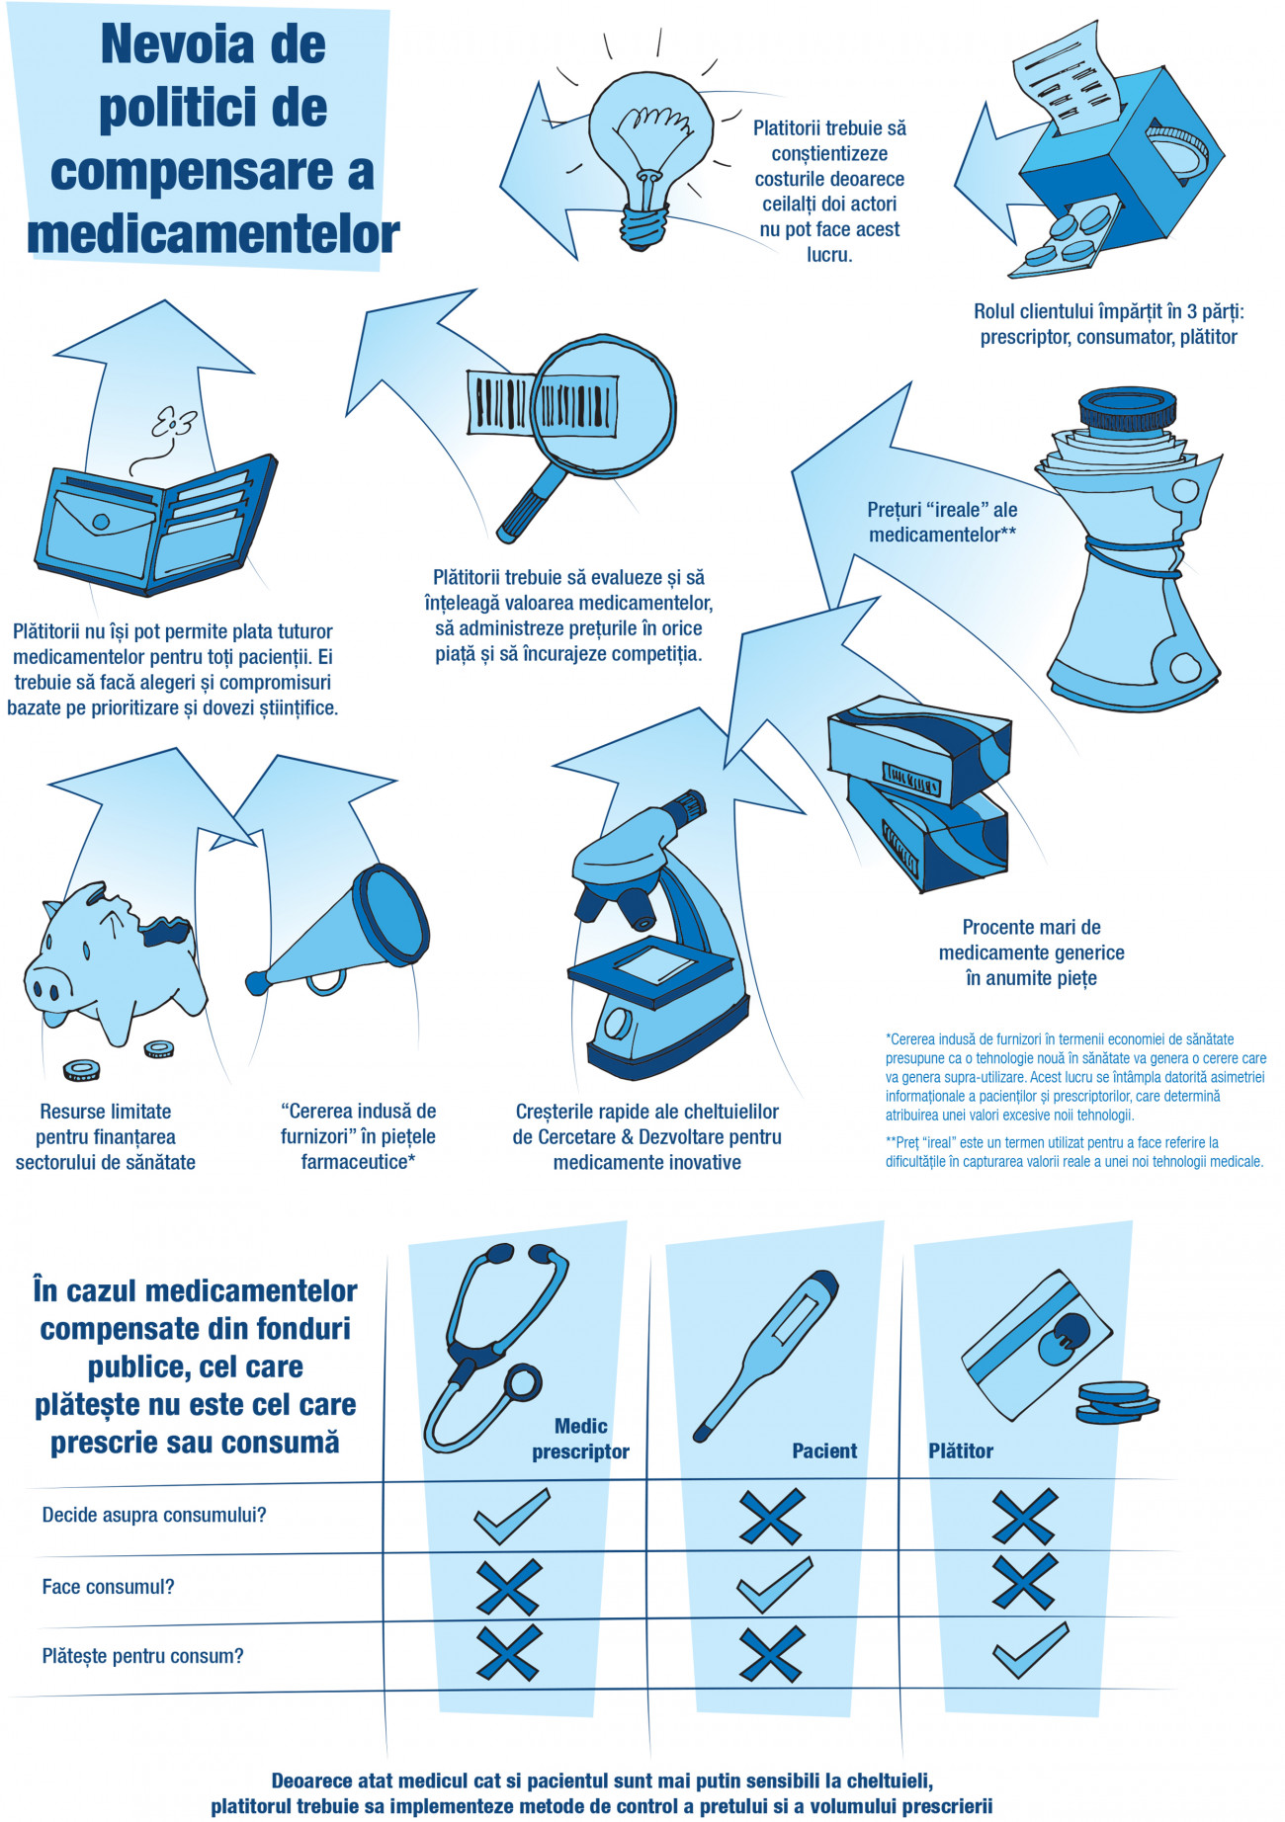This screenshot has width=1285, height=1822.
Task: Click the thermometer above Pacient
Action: click(767, 1354)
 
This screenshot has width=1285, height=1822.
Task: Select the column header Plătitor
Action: click(960, 1450)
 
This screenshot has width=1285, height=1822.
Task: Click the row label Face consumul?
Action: click(108, 1587)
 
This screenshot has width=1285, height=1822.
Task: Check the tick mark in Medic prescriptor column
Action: click(511, 1517)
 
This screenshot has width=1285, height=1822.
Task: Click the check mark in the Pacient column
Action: click(775, 1584)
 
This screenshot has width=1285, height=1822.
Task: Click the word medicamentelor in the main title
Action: click(214, 234)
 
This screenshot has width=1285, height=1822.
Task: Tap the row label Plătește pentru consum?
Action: click(142, 1656)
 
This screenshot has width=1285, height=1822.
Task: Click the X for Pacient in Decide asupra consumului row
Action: click(772, 1517)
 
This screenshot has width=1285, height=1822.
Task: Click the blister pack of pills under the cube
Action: click(1068, 238)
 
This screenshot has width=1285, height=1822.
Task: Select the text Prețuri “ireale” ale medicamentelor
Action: click(942, 523)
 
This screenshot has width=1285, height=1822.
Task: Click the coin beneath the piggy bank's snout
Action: click(82, 1069)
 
